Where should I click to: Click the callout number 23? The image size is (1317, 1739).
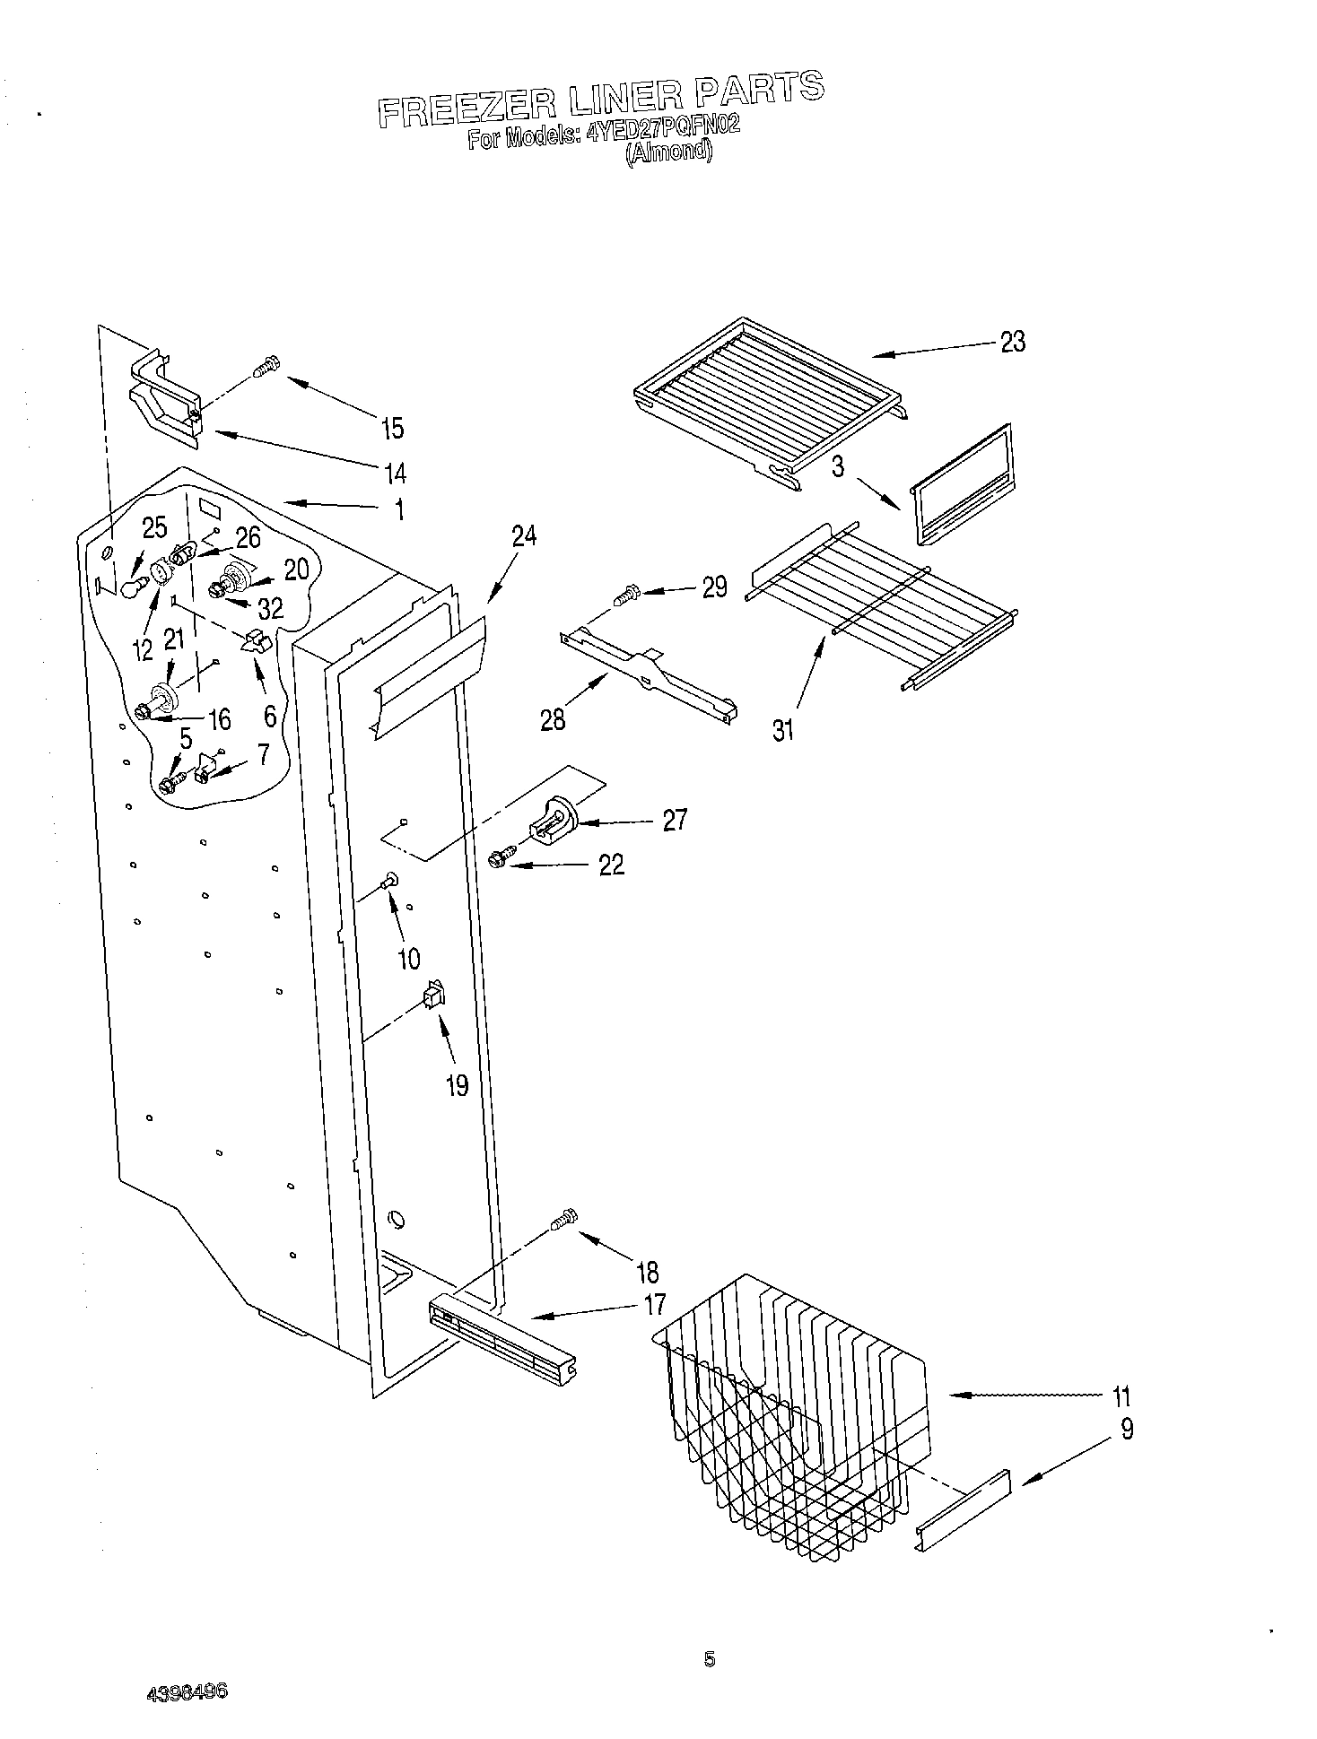1012,342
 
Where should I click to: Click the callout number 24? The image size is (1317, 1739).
524,536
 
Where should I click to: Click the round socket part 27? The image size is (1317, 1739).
557,819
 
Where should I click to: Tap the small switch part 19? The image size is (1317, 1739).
434,994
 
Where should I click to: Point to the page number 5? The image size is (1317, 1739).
710,1660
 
